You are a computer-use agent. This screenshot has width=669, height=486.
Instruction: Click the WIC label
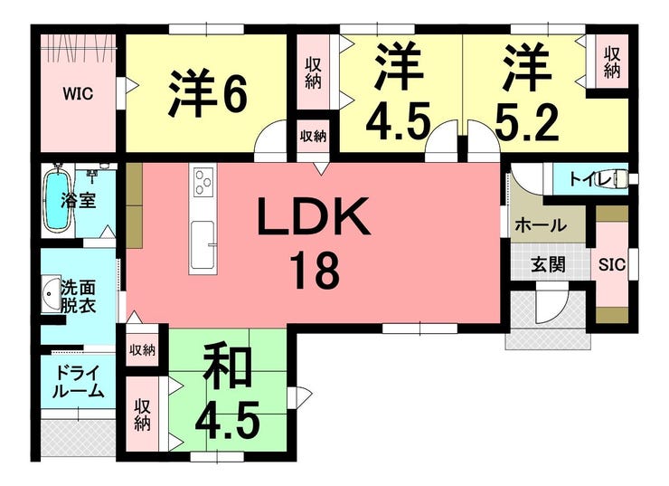tap(77, 93)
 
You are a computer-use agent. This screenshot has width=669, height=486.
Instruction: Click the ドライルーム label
tap(78, 381)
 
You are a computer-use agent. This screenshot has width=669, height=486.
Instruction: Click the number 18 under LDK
tap(314, 270)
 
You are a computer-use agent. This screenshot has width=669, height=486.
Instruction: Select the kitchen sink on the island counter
tap(202, 237)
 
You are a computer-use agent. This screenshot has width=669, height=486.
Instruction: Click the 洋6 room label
tap(207, 93)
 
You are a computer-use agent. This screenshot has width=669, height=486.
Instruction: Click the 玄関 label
tap(547, 264)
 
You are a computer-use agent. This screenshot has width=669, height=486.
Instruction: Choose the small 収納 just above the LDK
tap(313, 136)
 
